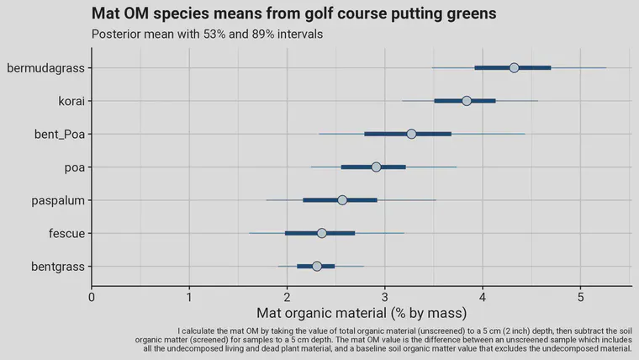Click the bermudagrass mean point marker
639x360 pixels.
(x=514, y=67)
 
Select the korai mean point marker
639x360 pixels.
(x=467, y=101)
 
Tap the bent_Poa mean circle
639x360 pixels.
(x=411, y=134)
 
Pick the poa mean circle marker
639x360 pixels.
(x=376, y=167)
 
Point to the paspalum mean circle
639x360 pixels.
(x=342, y=200)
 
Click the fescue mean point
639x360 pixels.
(x=321, y=233)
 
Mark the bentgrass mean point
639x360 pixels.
(x=317, y=266)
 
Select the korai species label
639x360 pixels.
(x=70, y=101)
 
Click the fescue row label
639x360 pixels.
(x=66, y=233)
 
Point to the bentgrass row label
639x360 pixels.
(x=55, y=267)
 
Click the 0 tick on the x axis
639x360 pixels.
(x=92, y=296)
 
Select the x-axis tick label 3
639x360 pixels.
(x=385, y=296)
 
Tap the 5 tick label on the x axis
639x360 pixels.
(x=581, y=296)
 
